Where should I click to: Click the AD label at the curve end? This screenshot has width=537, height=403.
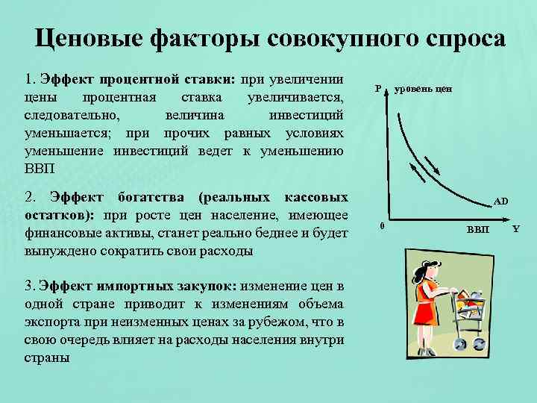pos(500,201)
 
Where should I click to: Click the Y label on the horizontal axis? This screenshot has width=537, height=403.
pos(515,227)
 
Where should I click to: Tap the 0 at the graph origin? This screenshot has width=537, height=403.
pos(381,225)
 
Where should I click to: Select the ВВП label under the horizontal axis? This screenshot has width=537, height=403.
pos(478,228)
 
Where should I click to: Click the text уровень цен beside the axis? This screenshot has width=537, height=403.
pos(423,89)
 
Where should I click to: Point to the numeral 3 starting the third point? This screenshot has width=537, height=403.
pos(28,287)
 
